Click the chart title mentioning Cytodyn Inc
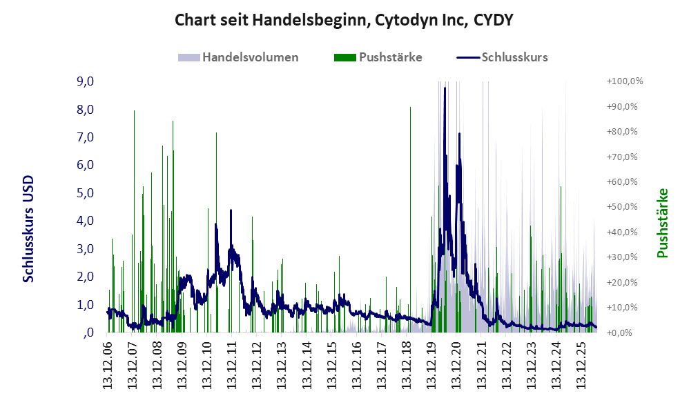click(x=344, y=20)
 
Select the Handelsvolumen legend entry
click(x=238, y=57)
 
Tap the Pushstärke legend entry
click(x=378, y=57)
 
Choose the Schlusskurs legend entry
click(x=502, y=57)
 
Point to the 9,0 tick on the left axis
click(x=85, y=81)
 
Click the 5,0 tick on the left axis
click(x=85, y=192)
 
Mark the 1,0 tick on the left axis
click(x=85, y=305)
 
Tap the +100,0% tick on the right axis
click(x=624, y=81)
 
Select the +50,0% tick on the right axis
click(x=622, y=207)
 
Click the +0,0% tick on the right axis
click(x=619, y=332)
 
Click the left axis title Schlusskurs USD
click(x=28, y=229)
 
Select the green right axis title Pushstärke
click(x=663, y=223)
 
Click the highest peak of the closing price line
click(x=445, y=88)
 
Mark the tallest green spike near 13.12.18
click(x=410, y=219)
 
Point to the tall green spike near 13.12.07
click(x=134, y=221)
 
